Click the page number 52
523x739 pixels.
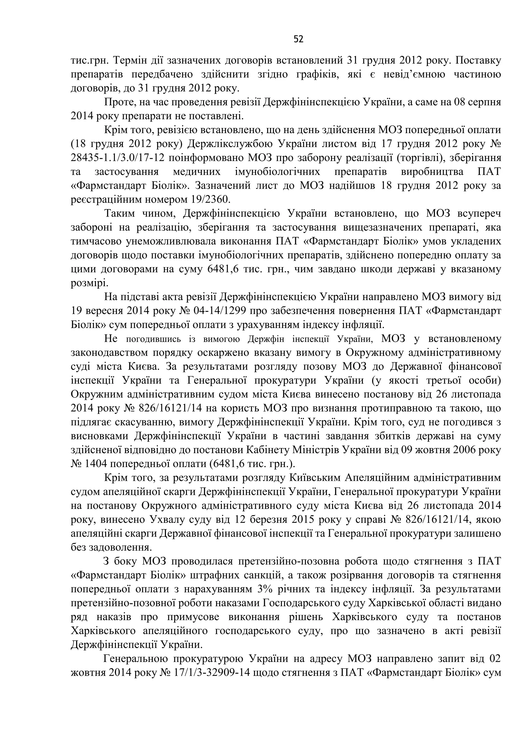(298, 39)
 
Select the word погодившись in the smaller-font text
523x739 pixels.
(151, 339)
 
